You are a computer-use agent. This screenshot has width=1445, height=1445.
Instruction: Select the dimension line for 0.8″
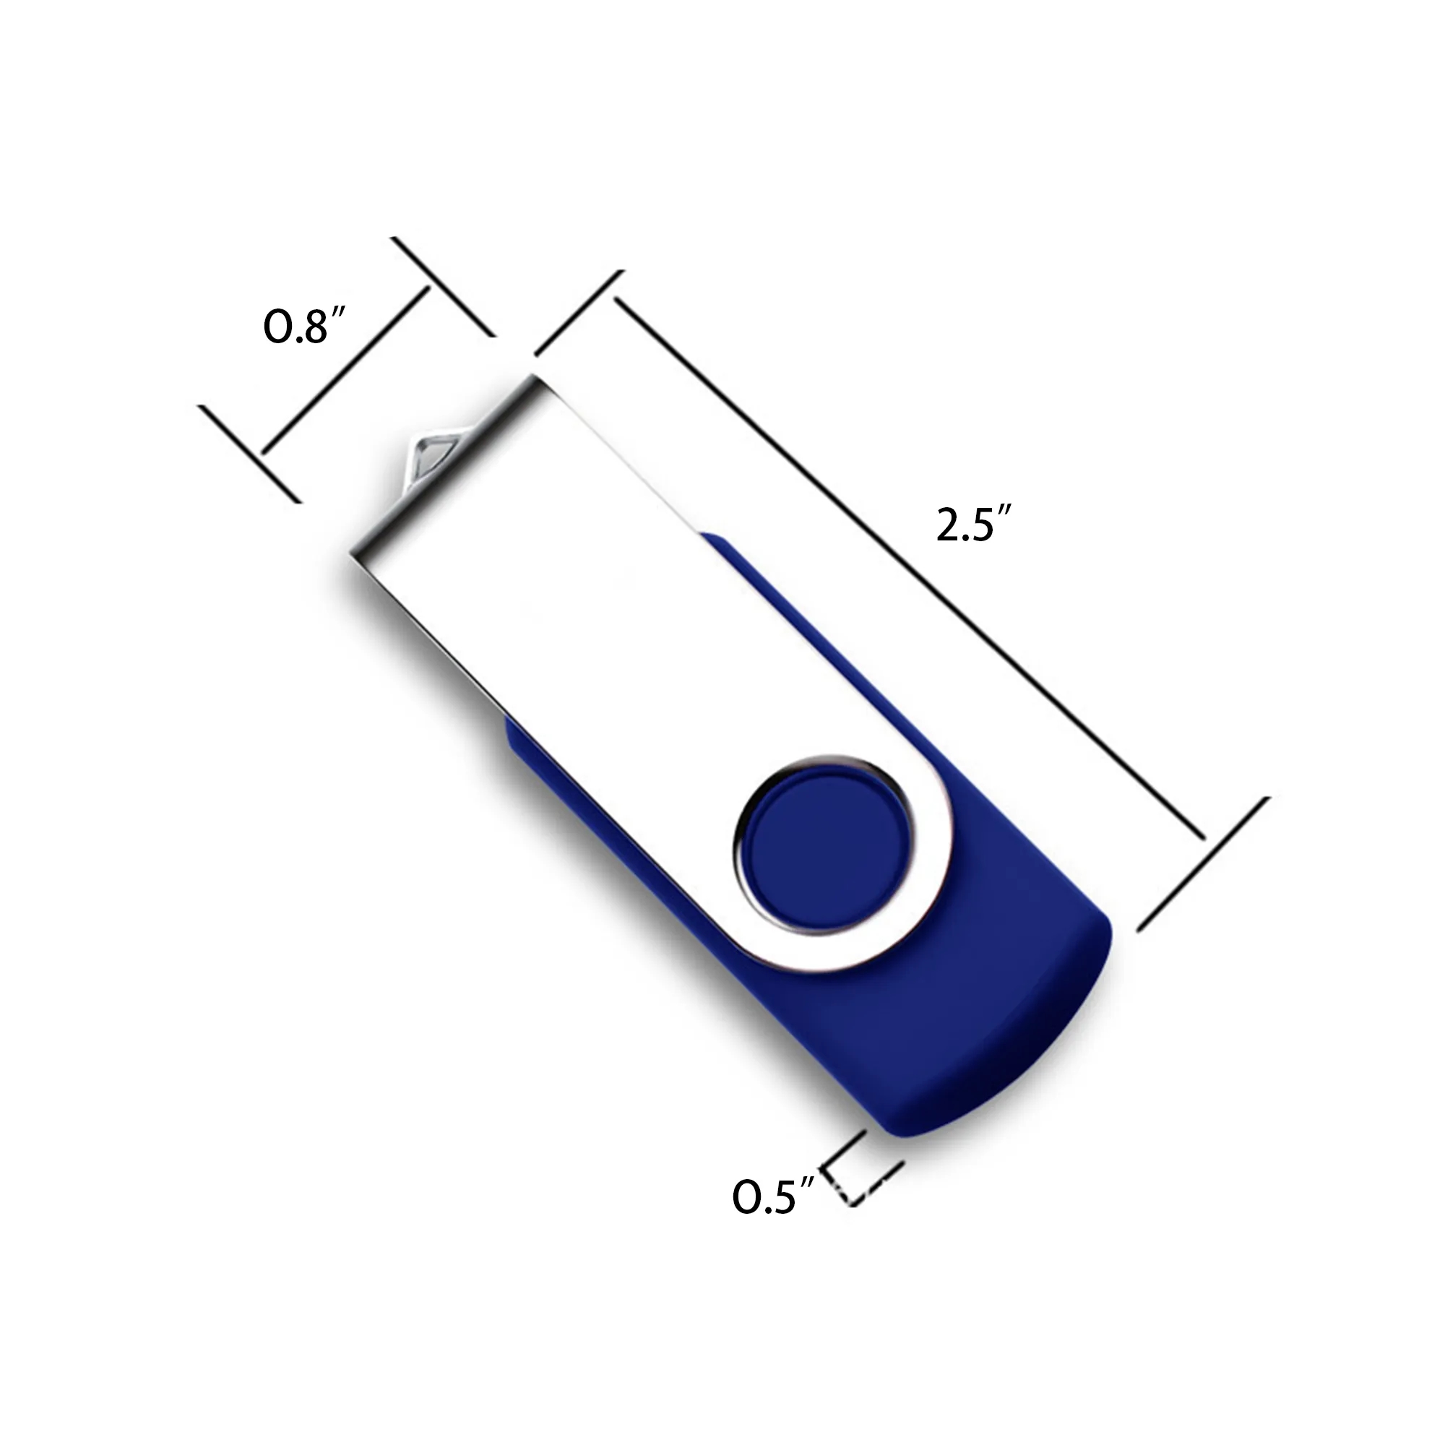click(x=345, y=370)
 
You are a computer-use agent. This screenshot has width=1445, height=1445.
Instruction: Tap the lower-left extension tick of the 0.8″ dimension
click(x=249, y=453)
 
